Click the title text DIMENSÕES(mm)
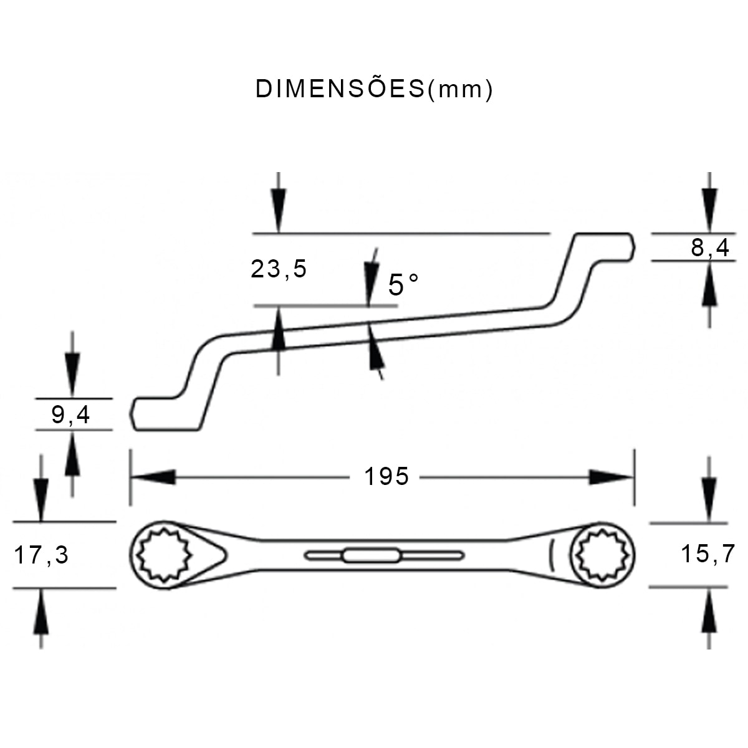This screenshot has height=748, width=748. (374, 89)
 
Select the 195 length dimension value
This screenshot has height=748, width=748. (386, 477)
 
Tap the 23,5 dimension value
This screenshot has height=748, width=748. (279, 269)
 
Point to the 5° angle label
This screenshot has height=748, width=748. (403, 285)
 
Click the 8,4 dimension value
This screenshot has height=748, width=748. (710, 248)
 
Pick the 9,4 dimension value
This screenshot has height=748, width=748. (70, 415)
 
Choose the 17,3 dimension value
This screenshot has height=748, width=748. (42, 554)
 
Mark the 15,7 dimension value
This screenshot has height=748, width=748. (708, 553)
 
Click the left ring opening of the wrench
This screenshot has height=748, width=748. (163, 555)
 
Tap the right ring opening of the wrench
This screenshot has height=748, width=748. (603, 554)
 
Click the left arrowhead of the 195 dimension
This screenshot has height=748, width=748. (153, 477)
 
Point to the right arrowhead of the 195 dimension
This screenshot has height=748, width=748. (611, 477)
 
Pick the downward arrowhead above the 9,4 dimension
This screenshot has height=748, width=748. (72, 375)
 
